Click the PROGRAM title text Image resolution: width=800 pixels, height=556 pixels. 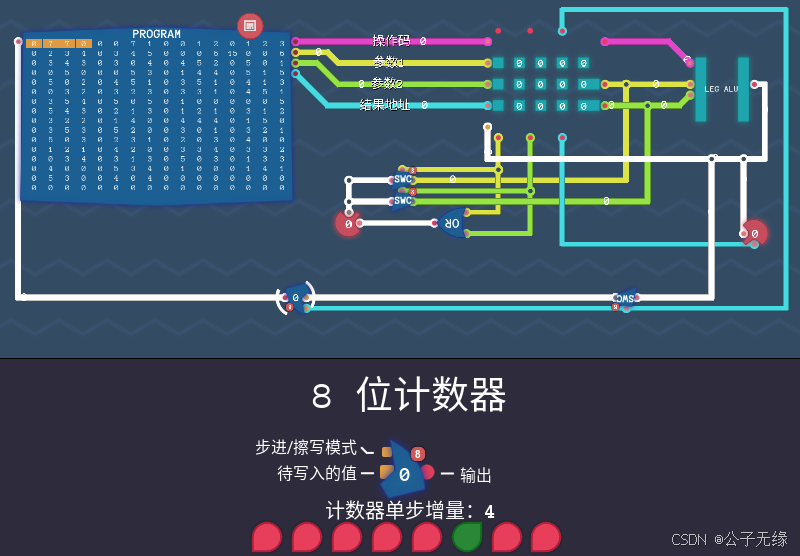pyautogui.click(x=157, y=34)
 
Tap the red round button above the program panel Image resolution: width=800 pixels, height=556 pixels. pyautogui.click(x=250, y=25)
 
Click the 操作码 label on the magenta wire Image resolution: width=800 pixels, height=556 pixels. pyautogui.click(x=391, y=41)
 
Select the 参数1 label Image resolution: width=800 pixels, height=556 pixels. pyautogui.click(x=387, y=62)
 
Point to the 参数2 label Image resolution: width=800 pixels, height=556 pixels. pyautogui.click(x=387, y=83)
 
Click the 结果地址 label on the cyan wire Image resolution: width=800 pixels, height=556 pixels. pyautogui.click(x=387, y=104)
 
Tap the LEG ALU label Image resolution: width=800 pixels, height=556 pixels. pyautogui.click(x=721, y=89)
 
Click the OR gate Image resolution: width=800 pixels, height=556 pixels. pyautogui.click(x=452, y=223)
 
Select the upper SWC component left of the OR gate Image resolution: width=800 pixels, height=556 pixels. pyautogui.click(x=403, y=179)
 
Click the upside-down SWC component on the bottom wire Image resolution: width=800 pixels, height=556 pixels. pyautogui.click(x=625, y=298)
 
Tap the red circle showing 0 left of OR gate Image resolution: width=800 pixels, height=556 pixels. pyautogui.click(x=348, y=224)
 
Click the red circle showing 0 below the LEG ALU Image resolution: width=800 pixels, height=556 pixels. pyautogui.click(x=754, y=234)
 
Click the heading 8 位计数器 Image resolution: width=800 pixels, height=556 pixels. pyautogui.click(x=409, y=396)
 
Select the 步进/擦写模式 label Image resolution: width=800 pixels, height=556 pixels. pyautogui.click(x=306, y=448)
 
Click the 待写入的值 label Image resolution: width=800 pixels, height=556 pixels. pyautogui.click(x=317, y=472)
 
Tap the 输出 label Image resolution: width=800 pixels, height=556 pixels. pyautogui.click(x=476, y=475)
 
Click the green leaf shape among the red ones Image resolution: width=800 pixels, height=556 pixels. pyautogui.click(x=467, y=537)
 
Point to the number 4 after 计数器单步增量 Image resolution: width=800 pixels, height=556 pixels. pyautogui.click(x=489, y=511)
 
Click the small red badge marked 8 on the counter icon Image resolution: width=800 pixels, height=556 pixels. pyautogui.click(x=418, y=454)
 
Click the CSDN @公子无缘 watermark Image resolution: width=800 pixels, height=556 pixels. pyautogui.click(x=729, y=539)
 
